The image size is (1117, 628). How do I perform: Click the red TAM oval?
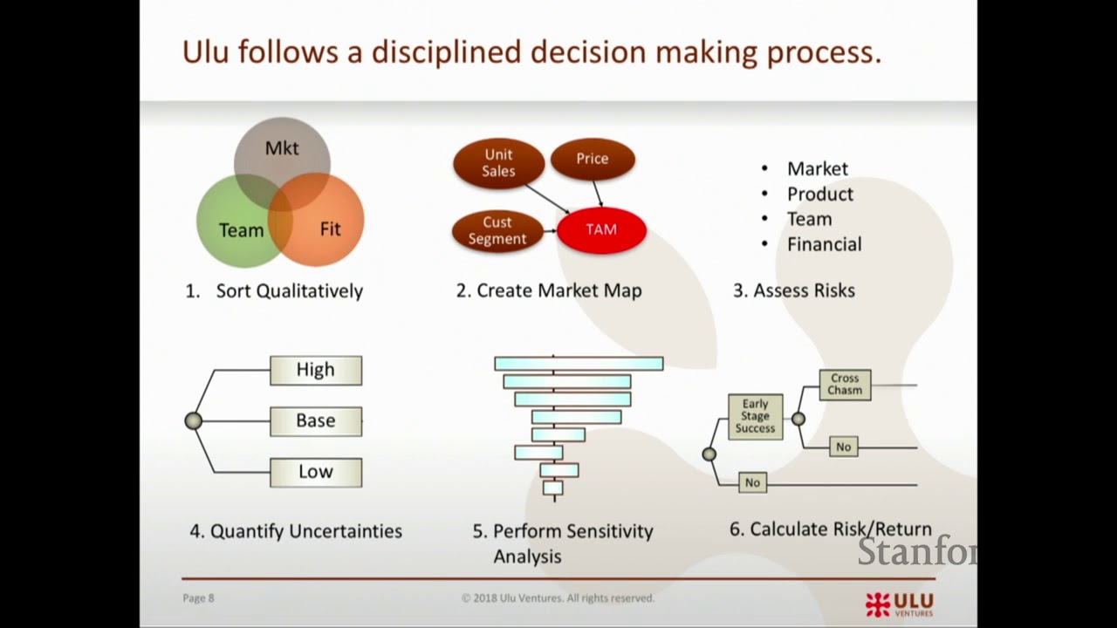click(601, 230)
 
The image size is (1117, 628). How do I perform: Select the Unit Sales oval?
click(498, 163)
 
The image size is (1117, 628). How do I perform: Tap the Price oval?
click(593, 159)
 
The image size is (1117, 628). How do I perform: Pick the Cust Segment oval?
click(497, 231)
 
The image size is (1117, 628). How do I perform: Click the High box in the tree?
click(316, 370)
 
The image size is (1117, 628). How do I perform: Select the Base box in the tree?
click(316, 421)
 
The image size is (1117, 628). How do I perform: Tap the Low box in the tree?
click(316, 472)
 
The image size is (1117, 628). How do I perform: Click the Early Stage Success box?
click(755, 416)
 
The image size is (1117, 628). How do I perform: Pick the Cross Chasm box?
click(845, 385)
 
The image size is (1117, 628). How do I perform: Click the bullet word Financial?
click(824, 244)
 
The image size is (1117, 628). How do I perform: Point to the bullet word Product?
click(819, 194)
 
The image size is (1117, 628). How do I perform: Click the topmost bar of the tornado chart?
click(579, 363)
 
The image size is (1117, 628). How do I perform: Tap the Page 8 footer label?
click(198, 597)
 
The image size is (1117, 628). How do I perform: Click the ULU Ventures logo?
click(899, 604)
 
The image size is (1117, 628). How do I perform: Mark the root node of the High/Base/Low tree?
click(194, 421)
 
